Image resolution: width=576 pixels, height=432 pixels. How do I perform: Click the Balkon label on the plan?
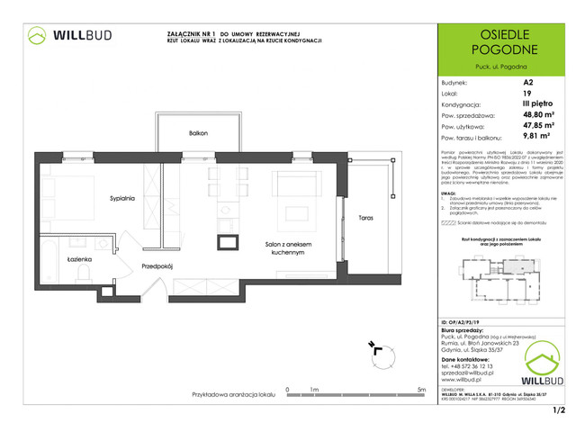coord(199,133)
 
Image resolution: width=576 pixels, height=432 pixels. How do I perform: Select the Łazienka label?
coord(80,259)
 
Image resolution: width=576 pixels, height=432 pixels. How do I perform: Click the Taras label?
coord(364,219)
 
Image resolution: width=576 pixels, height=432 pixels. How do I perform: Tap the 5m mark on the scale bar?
coord(422,390)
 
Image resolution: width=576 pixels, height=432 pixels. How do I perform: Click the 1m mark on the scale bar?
coord(314,390)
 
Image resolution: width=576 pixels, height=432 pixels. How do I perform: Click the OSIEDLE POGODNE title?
coord(501,41)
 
